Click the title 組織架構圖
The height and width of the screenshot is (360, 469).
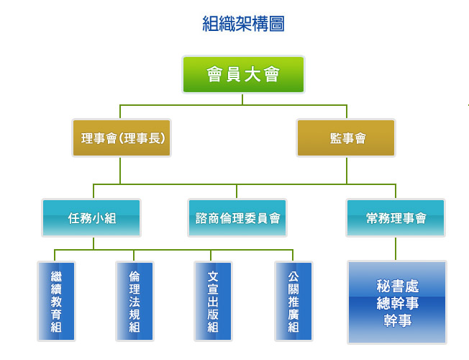click(243, 24)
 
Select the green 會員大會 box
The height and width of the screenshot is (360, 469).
click(243, 75)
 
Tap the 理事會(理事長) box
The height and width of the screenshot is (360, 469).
click(122, 138)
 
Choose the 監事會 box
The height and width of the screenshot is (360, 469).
click(346, 138)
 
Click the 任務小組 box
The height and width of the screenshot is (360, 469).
click(91, 217)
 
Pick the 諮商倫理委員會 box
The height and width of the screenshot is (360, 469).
click(237, 217)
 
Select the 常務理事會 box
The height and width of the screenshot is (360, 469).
click(396, 217)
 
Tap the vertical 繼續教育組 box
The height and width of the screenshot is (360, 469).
click(56, 301)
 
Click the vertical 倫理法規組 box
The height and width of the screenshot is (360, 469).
click(135, 301)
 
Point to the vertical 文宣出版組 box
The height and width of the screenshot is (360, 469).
click(213, 301)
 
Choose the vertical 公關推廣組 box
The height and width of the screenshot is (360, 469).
click(293, 301)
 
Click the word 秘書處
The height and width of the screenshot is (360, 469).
click(397, 287)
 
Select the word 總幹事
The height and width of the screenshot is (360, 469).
click(397, 303)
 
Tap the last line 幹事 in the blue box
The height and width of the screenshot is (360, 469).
click(397, 320)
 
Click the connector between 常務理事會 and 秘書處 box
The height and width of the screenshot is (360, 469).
click(396, 248)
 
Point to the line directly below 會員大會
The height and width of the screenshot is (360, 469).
click(243, 99)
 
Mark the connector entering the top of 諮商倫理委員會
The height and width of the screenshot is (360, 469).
click(237, 191)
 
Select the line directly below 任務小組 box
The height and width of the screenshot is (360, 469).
click(92, 243)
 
